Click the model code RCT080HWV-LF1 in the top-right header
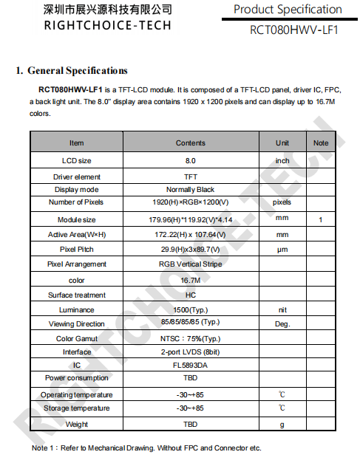[x=293, y=30]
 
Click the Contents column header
[x=190, y=143]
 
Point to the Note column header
[x=320, y=143]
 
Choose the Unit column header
[x=282, y=143]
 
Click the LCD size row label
[x=76, y=160]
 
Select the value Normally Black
[x=190, y=190]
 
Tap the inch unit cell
[x=282, y=160]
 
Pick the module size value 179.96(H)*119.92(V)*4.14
[x=190, y=219]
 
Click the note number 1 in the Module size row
[x=320, y=219]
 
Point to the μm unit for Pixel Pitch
[x=282, y=250]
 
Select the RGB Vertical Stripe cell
[x=190, y=264]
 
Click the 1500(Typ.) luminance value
[x=190, y=310]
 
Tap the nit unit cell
[x=282, y=310]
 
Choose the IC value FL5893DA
[x=190, y=365]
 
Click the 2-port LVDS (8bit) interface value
[x=190, y=352]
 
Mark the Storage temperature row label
[x=76, y=408]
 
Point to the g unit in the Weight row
[x=282, y=425]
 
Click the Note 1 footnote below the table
[x=146, y=448]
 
